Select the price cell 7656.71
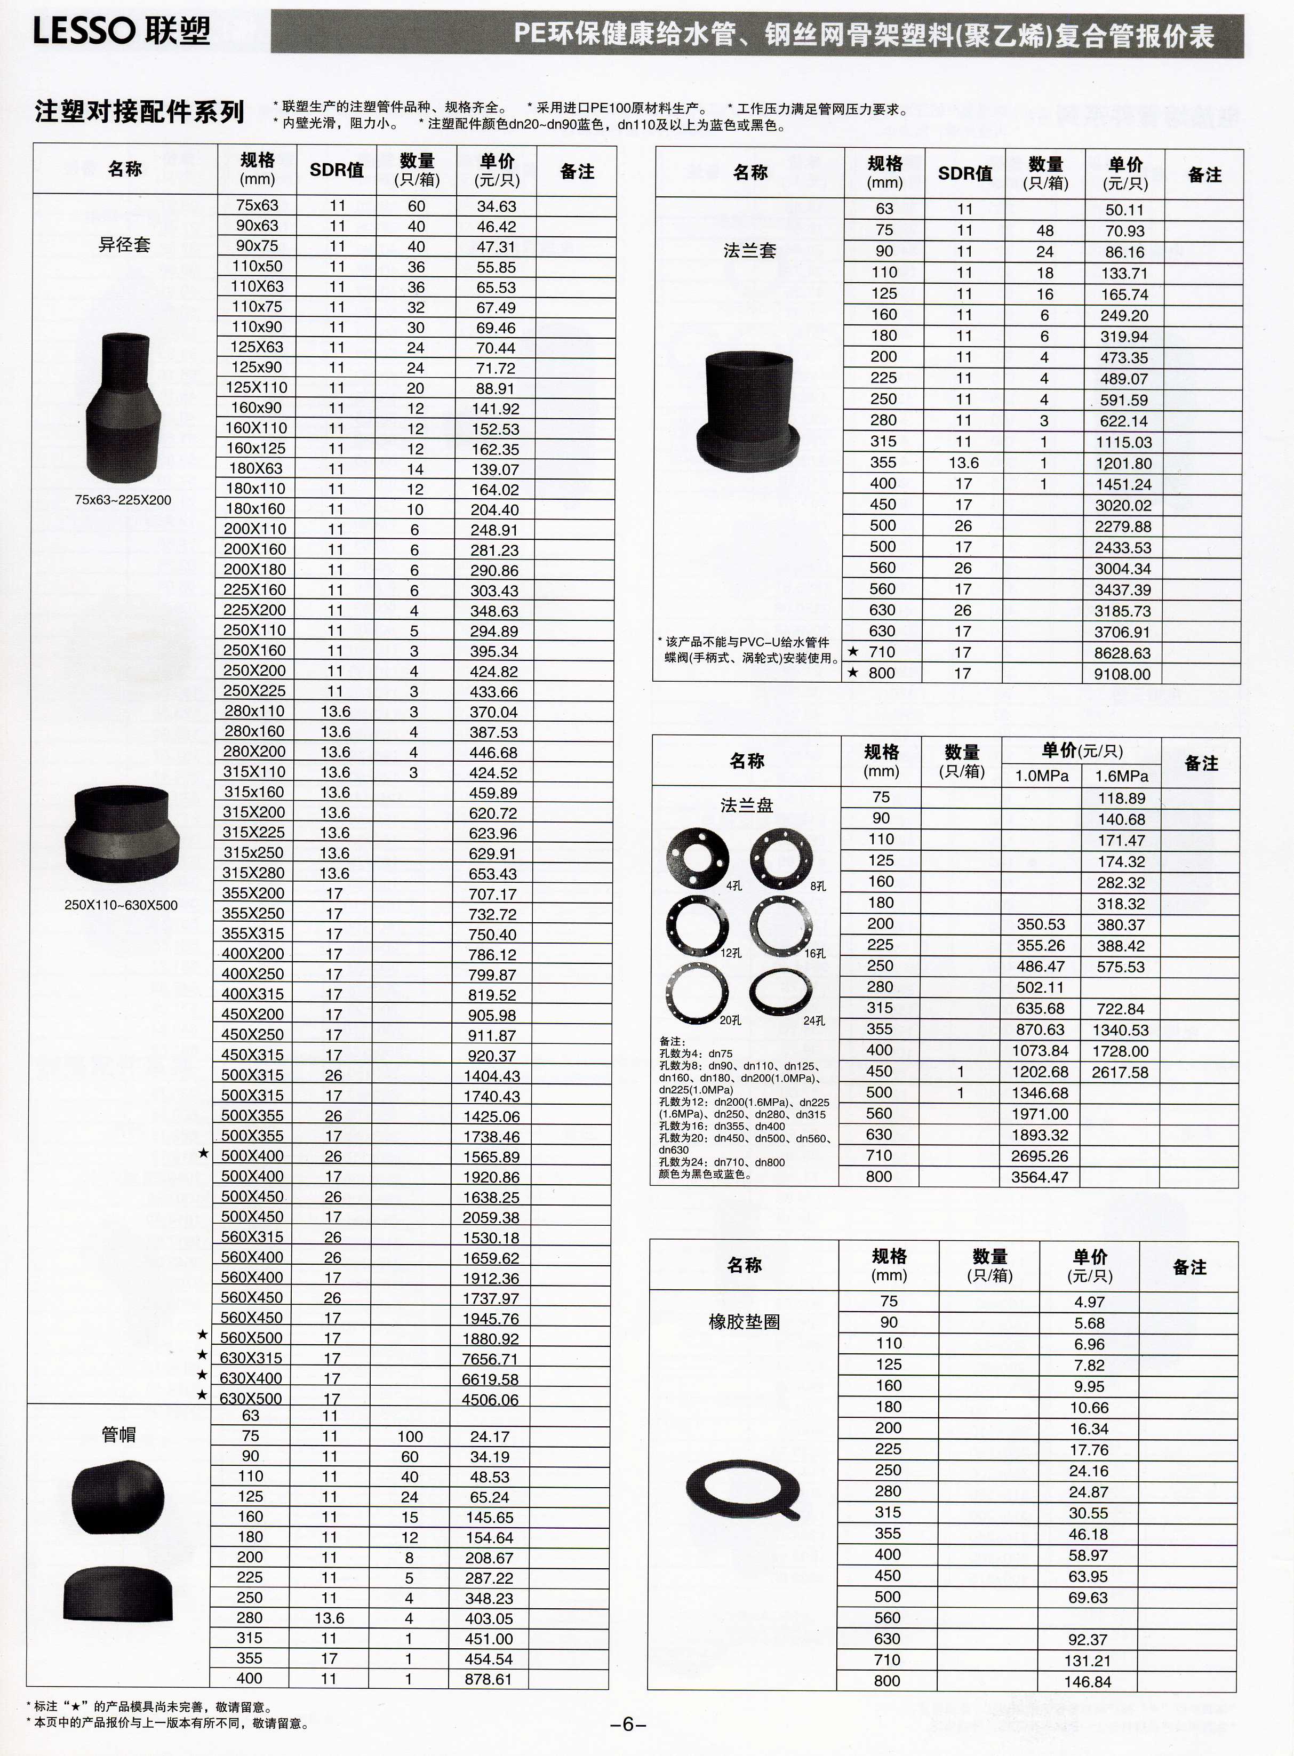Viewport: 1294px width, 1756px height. tap(490, 1359)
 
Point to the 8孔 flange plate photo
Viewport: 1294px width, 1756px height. tap(781, 857)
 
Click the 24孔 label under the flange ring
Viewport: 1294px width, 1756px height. tap(814, 1020)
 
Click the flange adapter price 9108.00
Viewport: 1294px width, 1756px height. tap(1122, 674)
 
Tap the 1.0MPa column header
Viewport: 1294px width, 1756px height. tap(1042, 776)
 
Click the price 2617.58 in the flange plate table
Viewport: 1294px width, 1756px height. tap(1120, 1072)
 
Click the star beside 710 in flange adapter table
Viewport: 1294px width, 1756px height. tap(853, 652)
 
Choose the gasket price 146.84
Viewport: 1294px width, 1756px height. tap(1088, 1682)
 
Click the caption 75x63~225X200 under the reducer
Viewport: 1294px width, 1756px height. tap(123, 500)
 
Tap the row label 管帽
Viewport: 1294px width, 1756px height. tap(119, 1434)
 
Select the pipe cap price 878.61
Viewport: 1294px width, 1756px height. tap(488, 1679)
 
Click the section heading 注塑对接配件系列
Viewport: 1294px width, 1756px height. tap(139, 112)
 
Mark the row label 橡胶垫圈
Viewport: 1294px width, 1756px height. tap(744, 1322)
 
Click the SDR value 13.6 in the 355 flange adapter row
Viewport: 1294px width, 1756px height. tap(963, 463)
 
